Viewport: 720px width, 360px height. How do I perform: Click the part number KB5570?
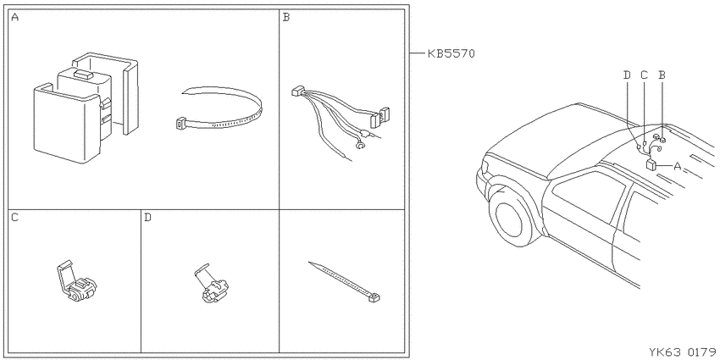(x=451, y=53)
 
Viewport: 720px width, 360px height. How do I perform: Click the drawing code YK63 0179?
(x=683, y=352)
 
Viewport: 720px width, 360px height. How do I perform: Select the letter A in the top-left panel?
(x=15, y=18)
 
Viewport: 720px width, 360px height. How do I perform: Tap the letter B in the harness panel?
(x=286, y=18)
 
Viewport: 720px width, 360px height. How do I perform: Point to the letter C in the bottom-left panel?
(x=15, y=217)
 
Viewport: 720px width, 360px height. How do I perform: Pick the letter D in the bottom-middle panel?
(x=147, y=217)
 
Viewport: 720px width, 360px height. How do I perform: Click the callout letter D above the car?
(x=627, y=75)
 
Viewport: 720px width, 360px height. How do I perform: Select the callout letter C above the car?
(x=645, y=75)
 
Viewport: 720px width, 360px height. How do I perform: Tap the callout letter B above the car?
(x=662, y=75)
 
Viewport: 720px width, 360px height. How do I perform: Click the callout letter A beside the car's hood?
(x=677, y=166)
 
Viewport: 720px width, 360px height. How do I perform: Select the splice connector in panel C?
(x=76, y=283)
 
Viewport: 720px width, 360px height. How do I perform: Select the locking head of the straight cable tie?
(x=374, y=297)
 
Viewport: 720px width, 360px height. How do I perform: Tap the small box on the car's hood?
(x=651, y=165)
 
